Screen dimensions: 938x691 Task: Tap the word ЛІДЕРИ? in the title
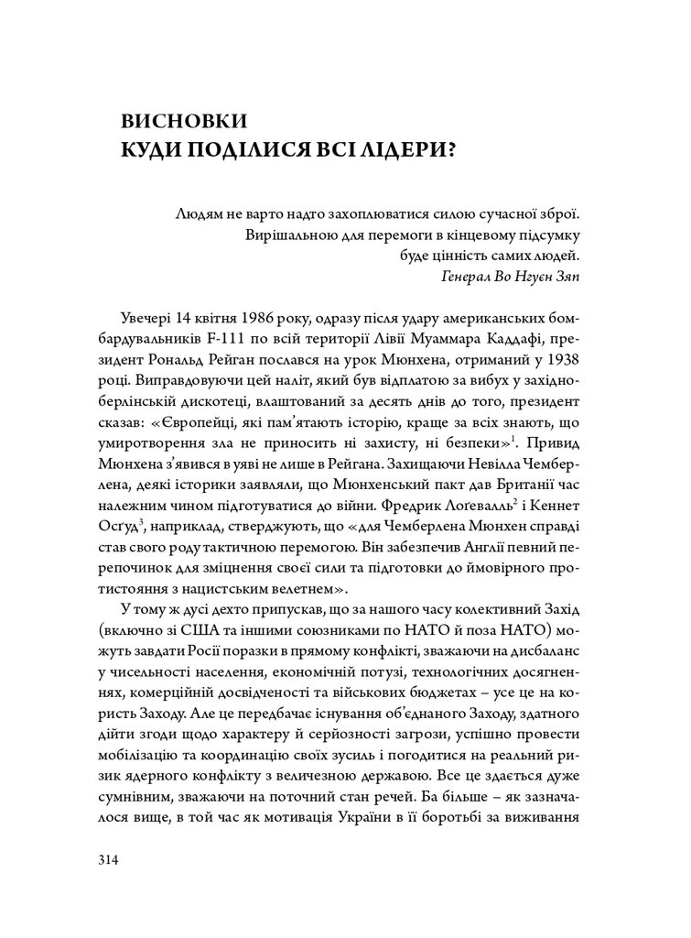pyautogui.click(x=405, y=150)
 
